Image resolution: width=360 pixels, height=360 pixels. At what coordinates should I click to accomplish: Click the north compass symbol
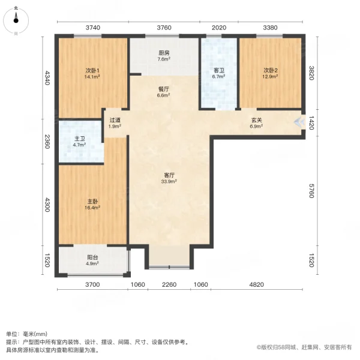coord(16,20)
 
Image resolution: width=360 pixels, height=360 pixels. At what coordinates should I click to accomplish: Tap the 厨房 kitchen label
coord(164,52)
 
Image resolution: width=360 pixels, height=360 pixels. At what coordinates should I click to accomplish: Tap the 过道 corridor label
coord(114,119)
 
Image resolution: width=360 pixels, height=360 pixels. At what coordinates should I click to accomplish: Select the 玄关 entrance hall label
coord(256,120)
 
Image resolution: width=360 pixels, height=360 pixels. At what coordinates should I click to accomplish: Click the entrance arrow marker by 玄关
coord(299,122)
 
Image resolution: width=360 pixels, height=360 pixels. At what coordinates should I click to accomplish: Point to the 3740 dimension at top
coord(92,27)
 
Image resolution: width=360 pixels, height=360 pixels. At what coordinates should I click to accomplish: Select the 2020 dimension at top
coord(219,27)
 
